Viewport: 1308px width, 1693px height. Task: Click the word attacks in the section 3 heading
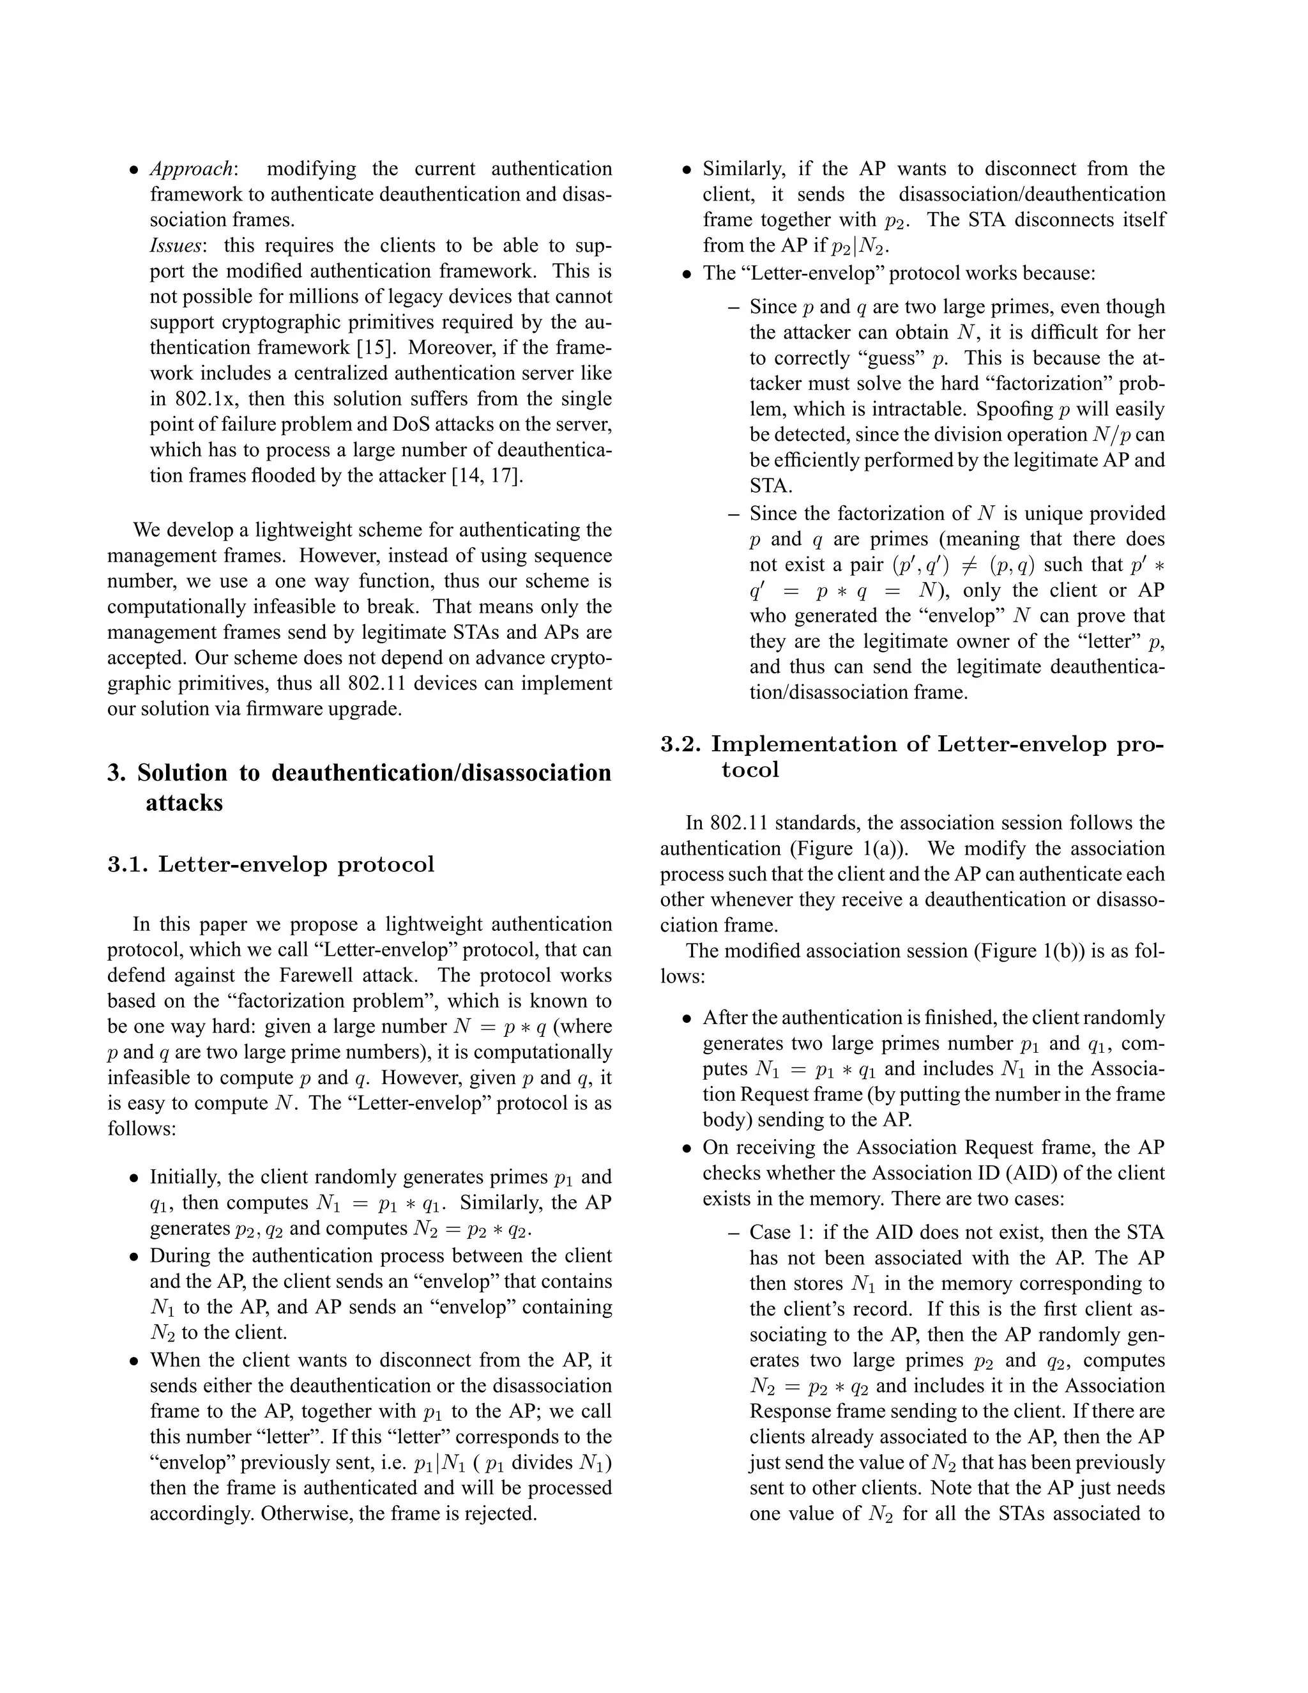(x=184, y=802)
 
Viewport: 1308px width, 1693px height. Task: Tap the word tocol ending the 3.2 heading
(x=749, y=770)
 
